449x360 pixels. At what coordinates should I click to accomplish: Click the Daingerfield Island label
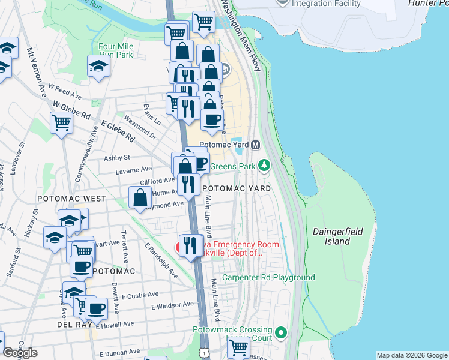tap(331, 236)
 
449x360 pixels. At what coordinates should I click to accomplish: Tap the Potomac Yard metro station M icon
tap(255, 145)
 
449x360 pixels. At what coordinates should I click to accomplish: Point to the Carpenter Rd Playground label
tap(268, 278)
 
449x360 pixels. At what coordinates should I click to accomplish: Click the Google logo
tap(20, 353)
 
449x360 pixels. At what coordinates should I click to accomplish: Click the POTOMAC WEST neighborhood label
tap(71, 199)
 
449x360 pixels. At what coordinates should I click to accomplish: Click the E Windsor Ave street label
tap(172, 305)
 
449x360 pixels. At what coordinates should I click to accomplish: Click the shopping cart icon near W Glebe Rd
tap(62, 124)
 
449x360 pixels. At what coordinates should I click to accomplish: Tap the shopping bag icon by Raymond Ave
tap(140, 197)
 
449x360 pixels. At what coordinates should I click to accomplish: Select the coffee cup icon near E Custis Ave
tap(95, 309)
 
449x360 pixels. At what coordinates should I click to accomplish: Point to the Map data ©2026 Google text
tap(412, 355)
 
